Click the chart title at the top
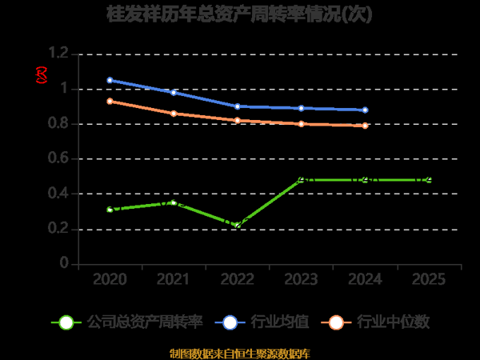(x=240, y=14)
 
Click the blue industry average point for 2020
(x=110, y=80)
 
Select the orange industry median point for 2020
(x=110, y=101)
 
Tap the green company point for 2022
(x=238, y=226)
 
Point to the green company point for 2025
(x=430, y=180)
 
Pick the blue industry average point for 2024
(x=366, y=110)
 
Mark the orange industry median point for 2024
(x=366, y=126)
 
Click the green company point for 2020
(x=110, y=210)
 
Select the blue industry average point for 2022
(x=238, y=106)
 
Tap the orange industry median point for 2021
(x=174, y=114)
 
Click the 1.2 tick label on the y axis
(x=59, y=54)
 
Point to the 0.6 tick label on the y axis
(x=59, y=158)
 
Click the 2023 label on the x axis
(x=302, y=279)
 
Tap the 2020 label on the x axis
(x=110, y=279)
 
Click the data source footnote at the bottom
(x=240, y=353)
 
